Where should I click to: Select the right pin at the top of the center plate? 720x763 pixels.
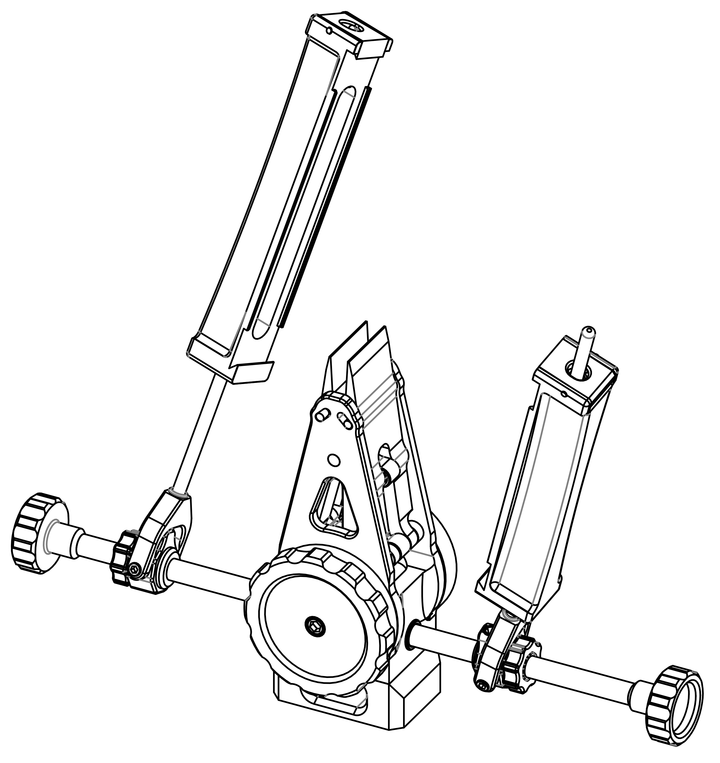[345, 420]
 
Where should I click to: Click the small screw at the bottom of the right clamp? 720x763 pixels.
[483, 684]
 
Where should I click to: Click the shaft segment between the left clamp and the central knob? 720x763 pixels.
[207, 576]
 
